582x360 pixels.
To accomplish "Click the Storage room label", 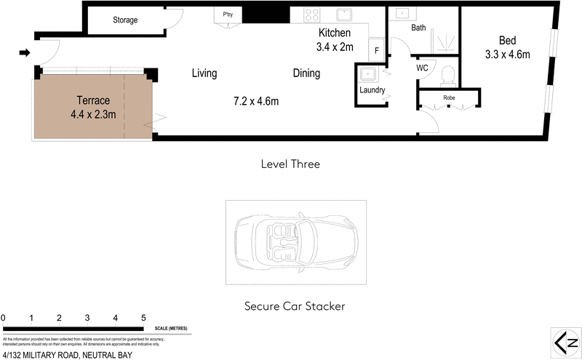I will coord(125,20).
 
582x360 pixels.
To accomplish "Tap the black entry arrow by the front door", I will coord(24,52).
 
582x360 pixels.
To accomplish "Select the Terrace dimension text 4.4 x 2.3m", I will coord(92,113).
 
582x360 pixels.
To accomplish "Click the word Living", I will coord(204,73).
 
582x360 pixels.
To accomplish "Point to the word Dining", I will coord(306,73).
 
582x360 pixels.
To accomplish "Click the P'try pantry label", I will coord(227,13).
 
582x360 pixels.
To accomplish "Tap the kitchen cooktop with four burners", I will coord(313,15).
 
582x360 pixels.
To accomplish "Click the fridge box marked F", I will coord(376,50).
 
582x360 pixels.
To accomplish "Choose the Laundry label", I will coord(372,91).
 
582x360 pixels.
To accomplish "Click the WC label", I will coord(421,68).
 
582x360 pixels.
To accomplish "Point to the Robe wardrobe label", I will coord(449,97).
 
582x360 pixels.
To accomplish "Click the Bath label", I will coord(418,28).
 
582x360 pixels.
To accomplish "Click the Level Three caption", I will coord(290,164).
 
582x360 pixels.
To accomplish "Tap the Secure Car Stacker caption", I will coord(295,306).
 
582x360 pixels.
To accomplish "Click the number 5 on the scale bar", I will coord(143,318).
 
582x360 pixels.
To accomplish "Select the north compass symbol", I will coord(565,342).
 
